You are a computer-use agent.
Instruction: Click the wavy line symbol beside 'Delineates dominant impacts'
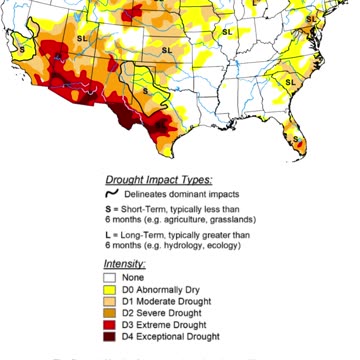[113, 192]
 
